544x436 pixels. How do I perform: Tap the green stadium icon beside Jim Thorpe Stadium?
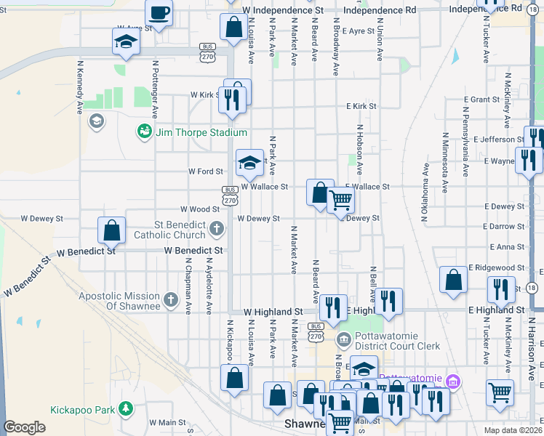144,132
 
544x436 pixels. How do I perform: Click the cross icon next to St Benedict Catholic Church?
216,230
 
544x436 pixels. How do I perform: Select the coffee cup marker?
159,12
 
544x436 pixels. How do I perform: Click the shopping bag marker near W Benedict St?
112,230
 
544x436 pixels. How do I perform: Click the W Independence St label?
283,11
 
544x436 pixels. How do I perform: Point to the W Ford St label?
204,171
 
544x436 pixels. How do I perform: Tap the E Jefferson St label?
497,139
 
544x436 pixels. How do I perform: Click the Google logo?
24,427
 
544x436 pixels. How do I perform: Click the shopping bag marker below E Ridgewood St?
453,280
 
